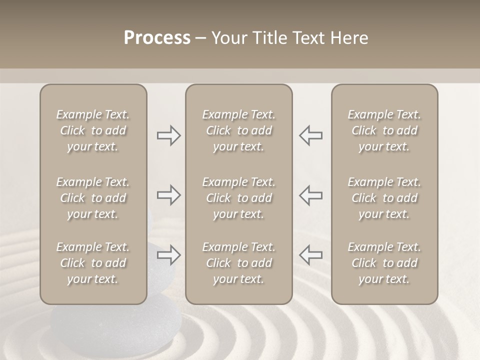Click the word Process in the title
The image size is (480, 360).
click(157, 38)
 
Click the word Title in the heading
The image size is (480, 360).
click(270, 38)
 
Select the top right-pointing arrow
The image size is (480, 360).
click(168, 135)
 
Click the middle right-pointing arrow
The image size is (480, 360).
click(168, 195)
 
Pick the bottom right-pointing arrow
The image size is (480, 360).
click(168, 255)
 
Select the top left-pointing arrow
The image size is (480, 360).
click(310, 135)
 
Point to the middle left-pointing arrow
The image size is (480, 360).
click(310, 195)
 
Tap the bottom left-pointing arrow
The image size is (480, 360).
click(310, 255)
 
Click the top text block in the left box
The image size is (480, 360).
click(93, 130)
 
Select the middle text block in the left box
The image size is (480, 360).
click(93, 198)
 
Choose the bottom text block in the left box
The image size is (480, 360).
click(93, 263)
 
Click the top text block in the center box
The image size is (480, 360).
click(239, 130)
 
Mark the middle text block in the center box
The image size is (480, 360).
click(239, 198)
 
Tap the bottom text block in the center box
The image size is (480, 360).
click(239, 263)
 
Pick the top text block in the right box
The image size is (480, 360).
click(384, 130)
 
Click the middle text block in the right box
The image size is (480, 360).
click(384, 198)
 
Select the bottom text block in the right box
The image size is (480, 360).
click(384, 263)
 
